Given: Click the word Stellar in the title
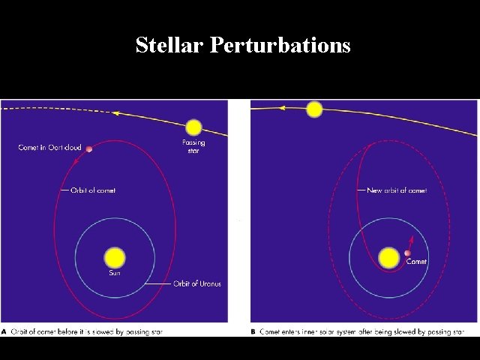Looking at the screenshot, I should click(170, 45).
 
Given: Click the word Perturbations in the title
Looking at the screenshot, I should click(280, 46).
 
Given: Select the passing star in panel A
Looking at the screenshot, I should click(193, 127).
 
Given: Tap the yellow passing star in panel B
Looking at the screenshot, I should click(314, 109).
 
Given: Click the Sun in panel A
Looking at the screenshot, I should click(115, 257).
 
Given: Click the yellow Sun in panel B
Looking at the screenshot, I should click(389, 258).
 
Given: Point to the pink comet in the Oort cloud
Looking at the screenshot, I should click(89, 149).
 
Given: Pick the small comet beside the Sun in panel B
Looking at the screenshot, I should click(408, 253).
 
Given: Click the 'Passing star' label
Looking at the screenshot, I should click(193, 146).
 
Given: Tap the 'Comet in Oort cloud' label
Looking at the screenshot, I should click(49, 148).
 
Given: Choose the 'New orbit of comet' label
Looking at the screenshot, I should click(397, 190).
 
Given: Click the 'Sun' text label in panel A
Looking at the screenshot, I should click(114, 274).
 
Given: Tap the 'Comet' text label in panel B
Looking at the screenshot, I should click(416, 262).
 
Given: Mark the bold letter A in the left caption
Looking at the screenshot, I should click(5, 331).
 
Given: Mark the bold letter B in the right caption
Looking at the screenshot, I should click(254, 331).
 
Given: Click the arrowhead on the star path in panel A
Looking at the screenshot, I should click(115, 112).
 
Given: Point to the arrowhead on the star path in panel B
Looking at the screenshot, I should click(283, 108).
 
